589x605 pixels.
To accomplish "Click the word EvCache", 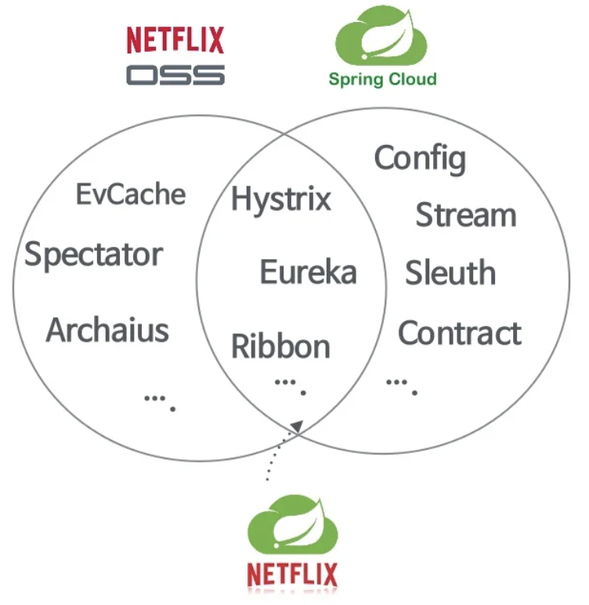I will [x=131, y=194].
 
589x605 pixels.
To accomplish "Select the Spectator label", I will [x=94, y=255].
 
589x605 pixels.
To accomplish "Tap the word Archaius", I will [x=107, y=330].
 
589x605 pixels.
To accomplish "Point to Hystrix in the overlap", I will [x=281, y=199].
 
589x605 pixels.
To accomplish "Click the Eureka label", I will [x=308, y=273].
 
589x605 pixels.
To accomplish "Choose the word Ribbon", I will [x=280, y=346].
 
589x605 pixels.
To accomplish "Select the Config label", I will [x=420, y=158].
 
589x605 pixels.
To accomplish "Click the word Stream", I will [x=465, y=215].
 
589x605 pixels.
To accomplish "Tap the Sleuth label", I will [x=450, y=273].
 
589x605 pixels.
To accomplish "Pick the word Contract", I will [x=460, y=333].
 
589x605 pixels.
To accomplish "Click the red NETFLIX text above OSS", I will [x=175, y=40].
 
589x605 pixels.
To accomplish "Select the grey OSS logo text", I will [x=175, y=75].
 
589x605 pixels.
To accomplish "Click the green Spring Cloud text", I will [x=382, y=79].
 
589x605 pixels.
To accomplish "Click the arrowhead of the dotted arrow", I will [x=297, y=426].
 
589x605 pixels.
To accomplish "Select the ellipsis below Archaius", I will [x=159, y=400].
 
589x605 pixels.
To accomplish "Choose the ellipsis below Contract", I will [x=402, y=384].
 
